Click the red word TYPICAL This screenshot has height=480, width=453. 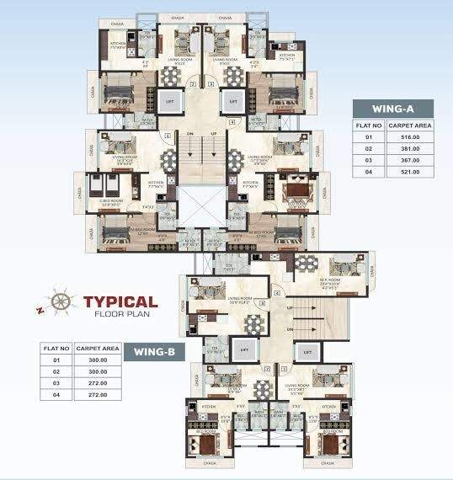(119, 301)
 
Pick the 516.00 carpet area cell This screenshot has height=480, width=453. (410, 136)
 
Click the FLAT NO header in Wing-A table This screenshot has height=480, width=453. (367, 124)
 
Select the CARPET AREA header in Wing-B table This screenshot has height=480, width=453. (93, 347)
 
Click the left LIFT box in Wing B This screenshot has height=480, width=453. (243, 348)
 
